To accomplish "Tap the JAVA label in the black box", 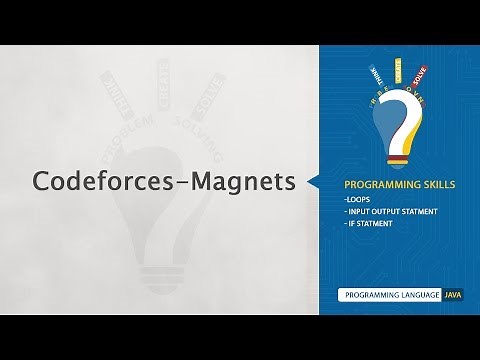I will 451,296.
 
